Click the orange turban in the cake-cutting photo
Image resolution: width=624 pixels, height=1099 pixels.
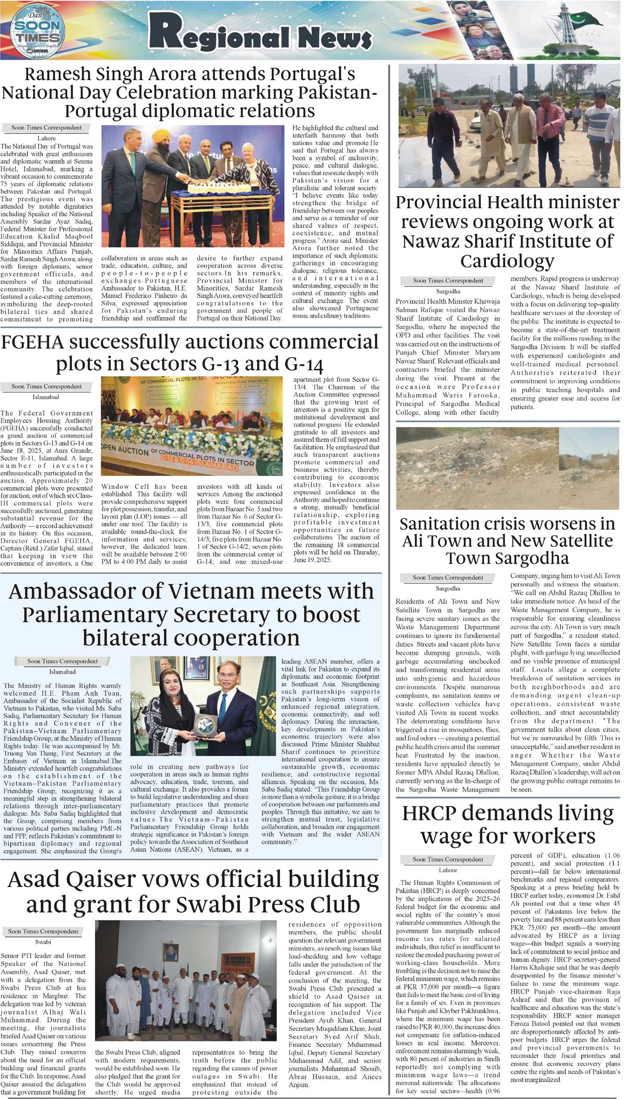(x=157, y=140)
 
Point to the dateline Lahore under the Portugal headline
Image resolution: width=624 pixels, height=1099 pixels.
(x=47, y=138)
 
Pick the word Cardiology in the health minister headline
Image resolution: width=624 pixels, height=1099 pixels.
(x=507, y=261)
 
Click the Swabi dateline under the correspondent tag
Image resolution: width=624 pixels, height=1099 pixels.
(x=43, y=942)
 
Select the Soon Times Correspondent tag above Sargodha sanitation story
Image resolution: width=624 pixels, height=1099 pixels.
(x=448, y=578)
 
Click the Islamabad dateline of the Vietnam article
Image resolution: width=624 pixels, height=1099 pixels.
(x=62, y=672)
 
